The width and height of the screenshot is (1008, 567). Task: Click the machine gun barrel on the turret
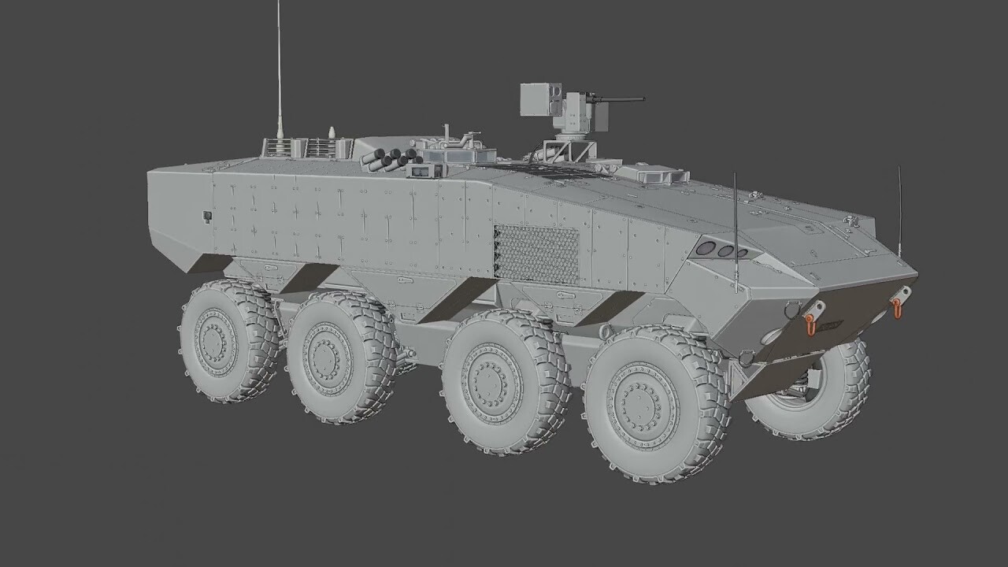coord(622,99)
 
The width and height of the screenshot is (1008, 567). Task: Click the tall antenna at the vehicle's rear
coord(278,71)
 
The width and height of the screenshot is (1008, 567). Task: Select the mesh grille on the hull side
coord(536,254)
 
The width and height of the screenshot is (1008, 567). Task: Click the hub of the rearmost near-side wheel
coord(215,342)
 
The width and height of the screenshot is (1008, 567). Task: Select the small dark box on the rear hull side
coord(207,216)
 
